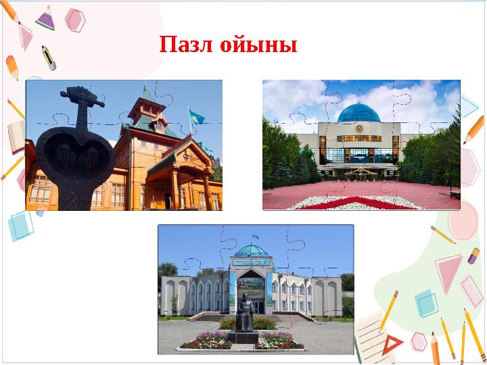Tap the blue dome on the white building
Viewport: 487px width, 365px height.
coord(358,113)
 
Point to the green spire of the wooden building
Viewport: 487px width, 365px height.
coord(148,95)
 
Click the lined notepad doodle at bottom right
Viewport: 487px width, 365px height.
coord(369,338)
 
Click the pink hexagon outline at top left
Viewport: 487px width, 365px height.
coord(75,20)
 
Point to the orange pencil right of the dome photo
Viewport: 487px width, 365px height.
coord(473,128)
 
